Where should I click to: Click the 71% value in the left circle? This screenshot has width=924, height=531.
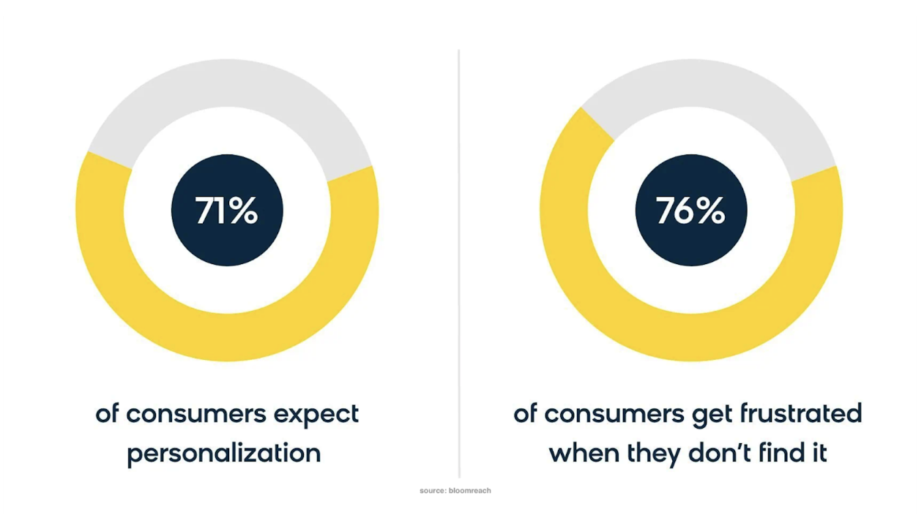coord(226,211)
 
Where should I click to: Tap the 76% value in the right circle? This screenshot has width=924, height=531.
coord(690,211)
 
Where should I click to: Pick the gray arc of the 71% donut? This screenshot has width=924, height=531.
coord(226,83)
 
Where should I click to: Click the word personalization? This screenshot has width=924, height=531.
coord(224,453)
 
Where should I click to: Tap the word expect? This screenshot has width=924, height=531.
coord(316,414)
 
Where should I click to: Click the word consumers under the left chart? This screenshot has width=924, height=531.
coord(196,415)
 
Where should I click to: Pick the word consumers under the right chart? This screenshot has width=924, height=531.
coord(614,415)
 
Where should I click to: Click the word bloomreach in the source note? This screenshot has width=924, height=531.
coord(470,491)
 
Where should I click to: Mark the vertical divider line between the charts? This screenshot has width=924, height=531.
coord(459,263)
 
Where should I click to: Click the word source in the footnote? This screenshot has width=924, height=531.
coord(433,491)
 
